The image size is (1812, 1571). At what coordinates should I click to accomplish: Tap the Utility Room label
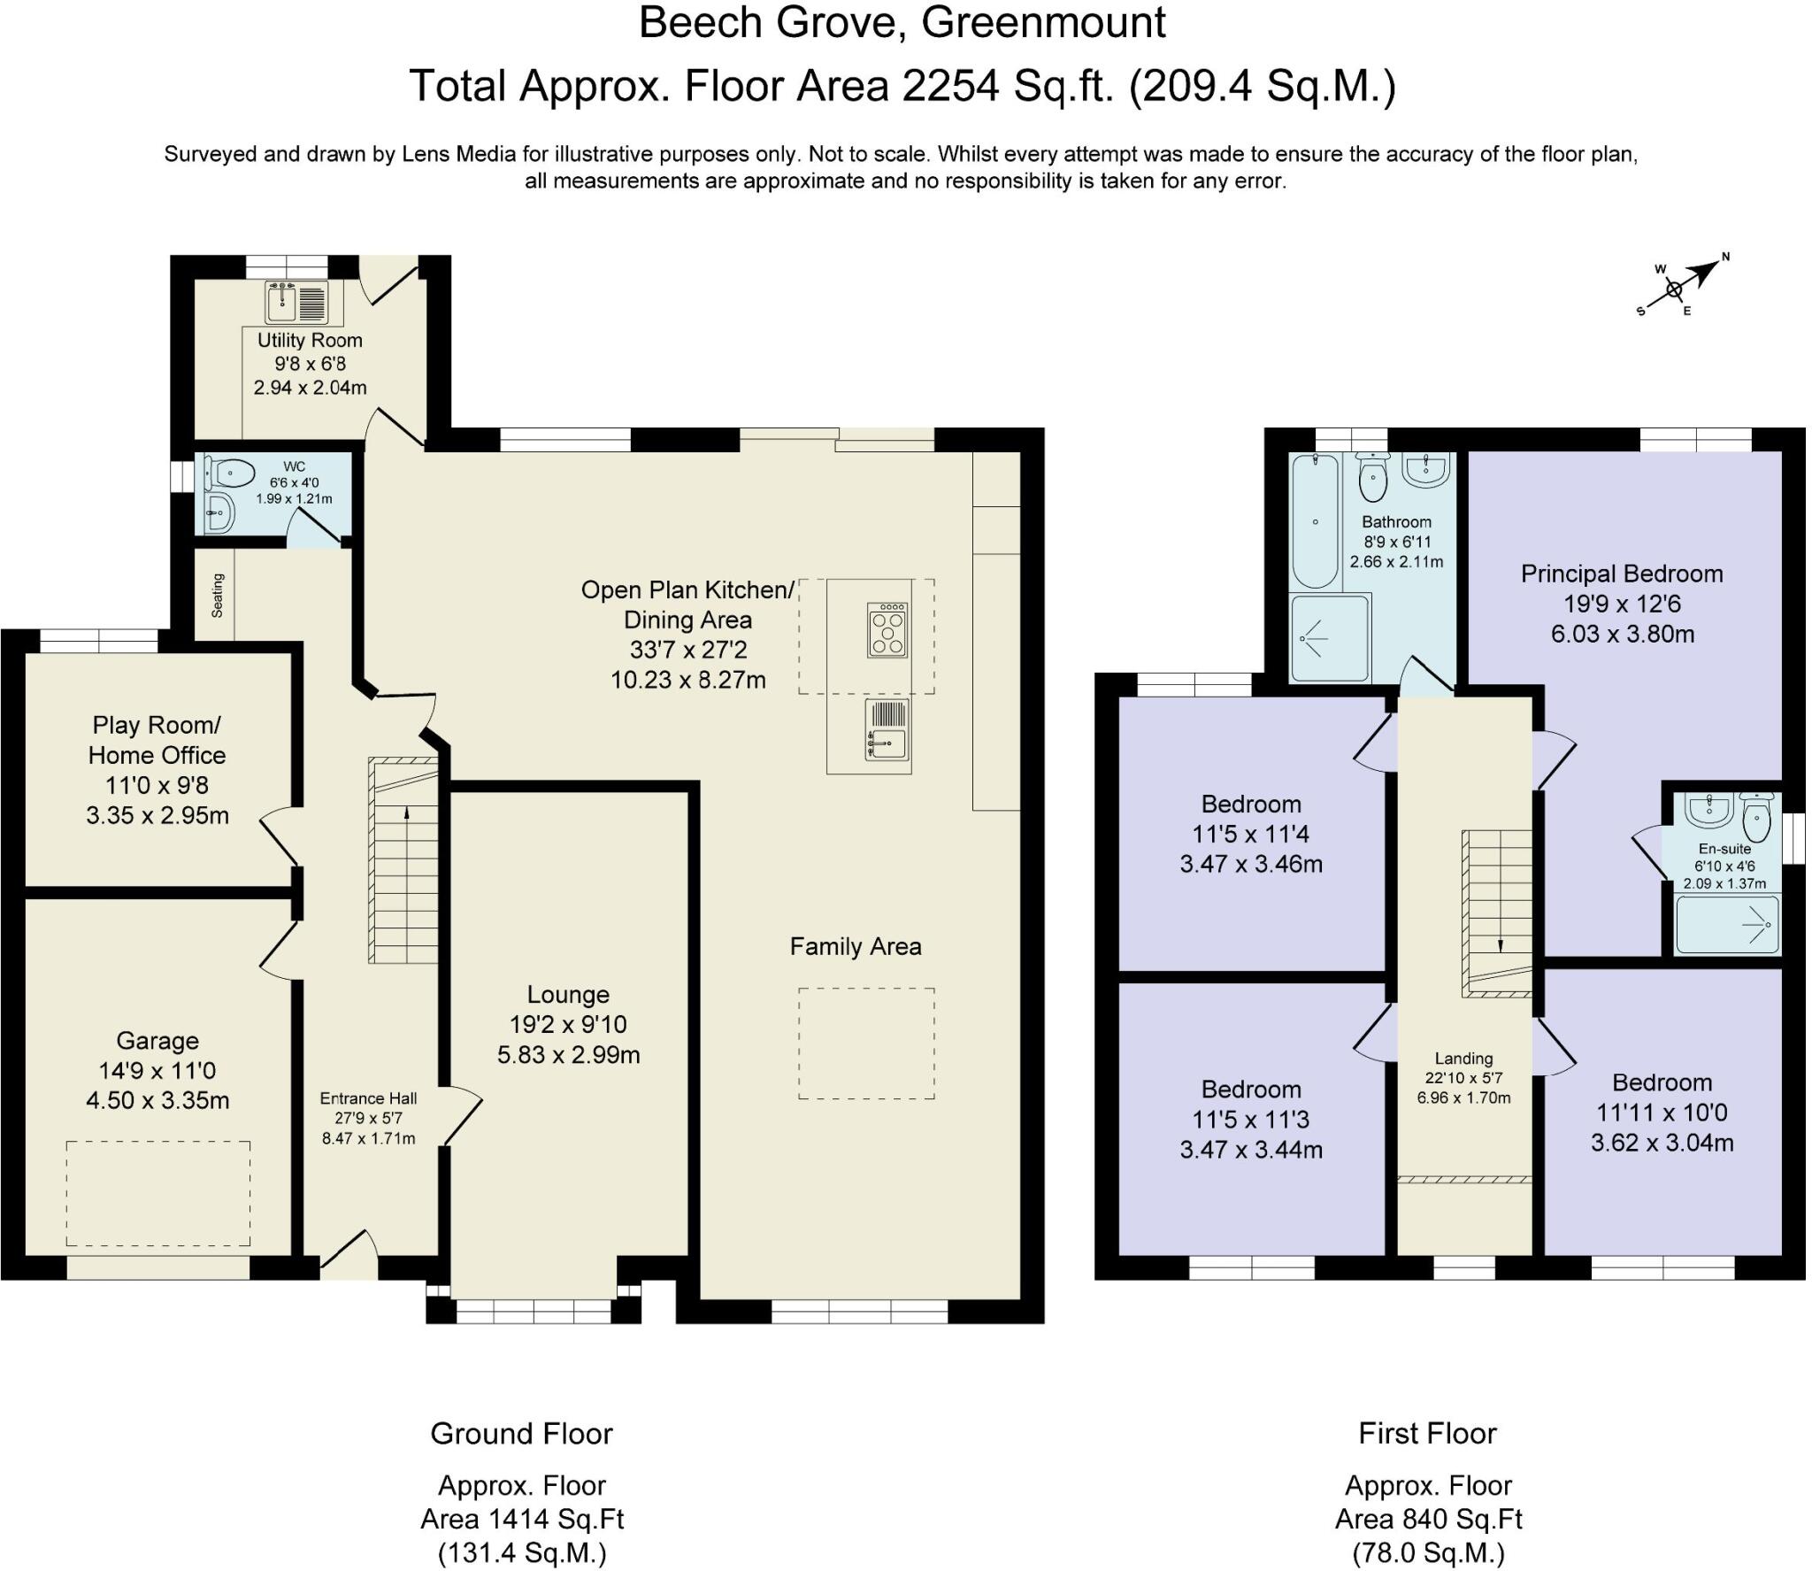click(310, 341)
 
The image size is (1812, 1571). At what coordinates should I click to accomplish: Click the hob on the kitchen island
click(887, 630)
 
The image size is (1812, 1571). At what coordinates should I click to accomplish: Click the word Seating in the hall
click(218, 596)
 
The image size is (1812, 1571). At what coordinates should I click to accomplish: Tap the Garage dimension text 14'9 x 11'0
click(157, 1071)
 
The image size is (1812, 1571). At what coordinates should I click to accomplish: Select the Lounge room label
click(568, 995)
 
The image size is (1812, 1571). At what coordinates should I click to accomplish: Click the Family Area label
click(856, 947)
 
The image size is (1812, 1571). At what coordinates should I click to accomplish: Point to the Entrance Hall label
click(368, 1098)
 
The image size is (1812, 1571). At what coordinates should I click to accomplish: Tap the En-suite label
click(1724, 849)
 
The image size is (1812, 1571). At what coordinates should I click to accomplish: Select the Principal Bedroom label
click(1622, 574)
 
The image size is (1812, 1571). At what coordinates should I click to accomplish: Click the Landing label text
click(1463, 1059)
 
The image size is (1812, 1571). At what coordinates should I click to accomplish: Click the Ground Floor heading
click(521, 1434)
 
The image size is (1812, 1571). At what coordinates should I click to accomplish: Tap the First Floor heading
click(1427, 1434)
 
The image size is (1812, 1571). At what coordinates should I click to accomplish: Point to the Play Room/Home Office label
click(157, 740)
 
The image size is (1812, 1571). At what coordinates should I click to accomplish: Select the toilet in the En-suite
click(1756, 818)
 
